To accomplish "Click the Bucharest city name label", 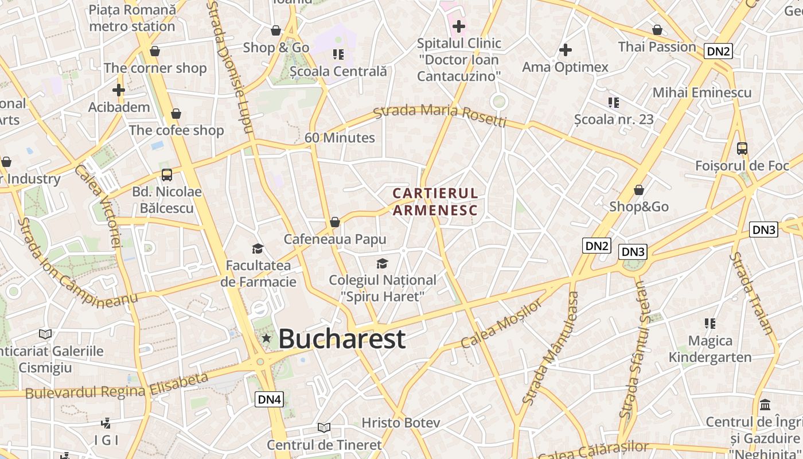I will click(x=342, y=339).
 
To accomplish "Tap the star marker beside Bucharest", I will click(x=266, y=339).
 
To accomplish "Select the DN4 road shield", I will click(x=269, y=399).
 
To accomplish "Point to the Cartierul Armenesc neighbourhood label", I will click(x=435, y=201).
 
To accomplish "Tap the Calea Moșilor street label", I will click(x=501, y=324).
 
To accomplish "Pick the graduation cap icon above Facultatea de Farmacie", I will click(x=258, y=248).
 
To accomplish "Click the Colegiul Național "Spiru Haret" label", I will click(x=382, y=288).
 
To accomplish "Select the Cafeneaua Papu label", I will click(x=335, y=239).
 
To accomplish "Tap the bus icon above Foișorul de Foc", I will click(x=742, y=149).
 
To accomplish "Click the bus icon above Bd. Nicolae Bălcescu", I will click(x=166, y=175).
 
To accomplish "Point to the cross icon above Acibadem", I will click(x=119, y=90).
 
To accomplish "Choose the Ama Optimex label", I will click(x=565, y=67).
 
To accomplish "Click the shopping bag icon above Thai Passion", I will click(x=657, y=30).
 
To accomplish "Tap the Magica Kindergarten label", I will click(x=710, y=349).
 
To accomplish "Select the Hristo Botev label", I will click(x=400, y=423).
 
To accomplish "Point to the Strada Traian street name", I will click(x=751, y=293).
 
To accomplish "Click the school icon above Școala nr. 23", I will click(x=614, y=103).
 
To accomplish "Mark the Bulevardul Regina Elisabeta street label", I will click(x=116, y=386).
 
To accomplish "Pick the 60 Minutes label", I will click(x=340, y=138).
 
